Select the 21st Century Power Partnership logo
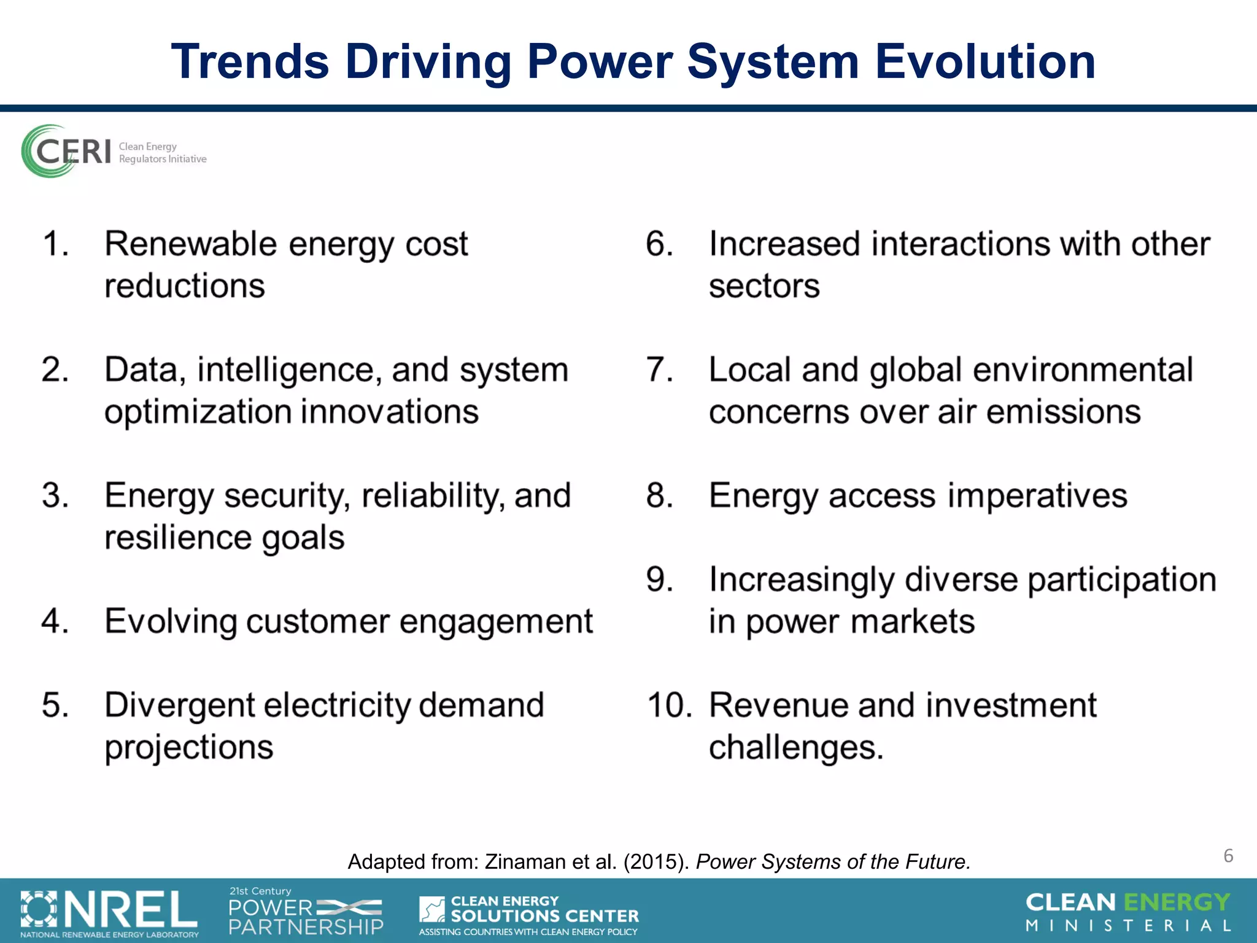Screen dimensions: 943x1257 [306, 912]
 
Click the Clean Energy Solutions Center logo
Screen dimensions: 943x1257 [528, 914]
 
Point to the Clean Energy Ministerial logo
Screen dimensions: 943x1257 [1128, 912]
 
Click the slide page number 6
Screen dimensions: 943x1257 [1228, 856]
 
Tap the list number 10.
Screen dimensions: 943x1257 [669, 705]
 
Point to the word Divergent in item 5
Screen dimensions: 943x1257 [179, 705]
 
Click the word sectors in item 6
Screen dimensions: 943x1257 [764, 286]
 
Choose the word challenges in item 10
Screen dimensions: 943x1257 [795, 748]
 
